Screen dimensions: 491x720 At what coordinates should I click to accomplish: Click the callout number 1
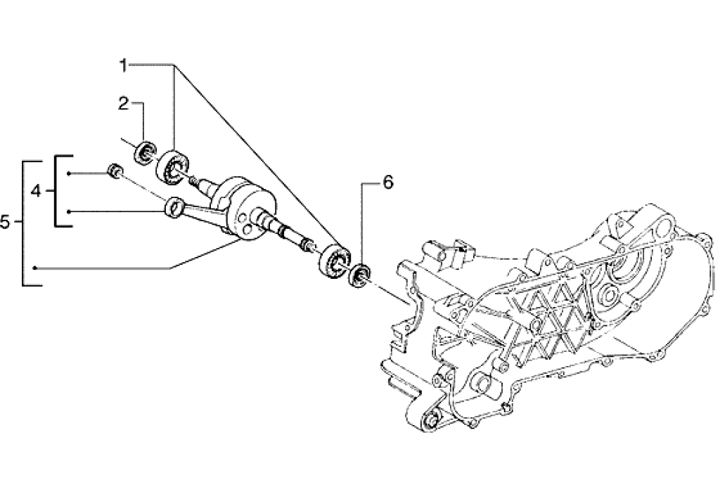(123, 65)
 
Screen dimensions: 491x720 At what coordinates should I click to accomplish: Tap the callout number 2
(123, 104)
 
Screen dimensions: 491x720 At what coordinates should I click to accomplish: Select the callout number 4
(36, 190)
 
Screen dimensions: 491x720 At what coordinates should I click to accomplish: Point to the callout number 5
(6, 223)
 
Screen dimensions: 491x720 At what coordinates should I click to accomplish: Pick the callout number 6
(387, 183)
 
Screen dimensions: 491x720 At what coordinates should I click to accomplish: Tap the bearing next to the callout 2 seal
(171, 165)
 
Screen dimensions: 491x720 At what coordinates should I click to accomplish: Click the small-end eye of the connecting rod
(172, 207)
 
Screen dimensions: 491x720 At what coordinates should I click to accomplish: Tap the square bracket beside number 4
(58, 190)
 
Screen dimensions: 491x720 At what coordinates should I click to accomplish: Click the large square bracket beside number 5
(26, 223)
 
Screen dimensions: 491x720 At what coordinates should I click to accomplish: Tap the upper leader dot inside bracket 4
(69, 173)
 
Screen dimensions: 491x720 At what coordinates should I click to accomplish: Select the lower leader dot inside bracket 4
(69, 211)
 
